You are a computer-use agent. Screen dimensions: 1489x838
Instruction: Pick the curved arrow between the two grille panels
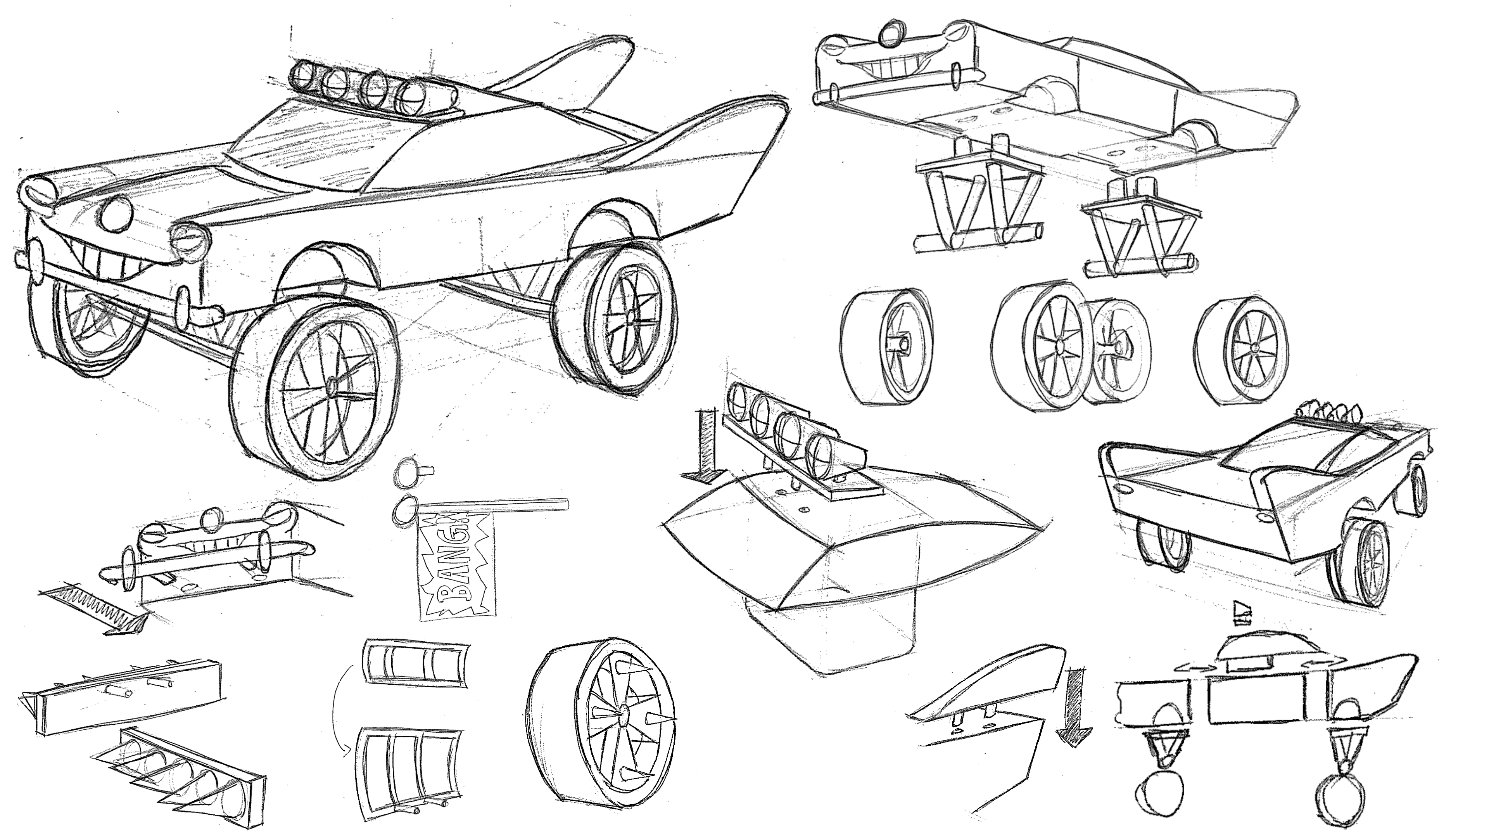pos(338,714)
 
